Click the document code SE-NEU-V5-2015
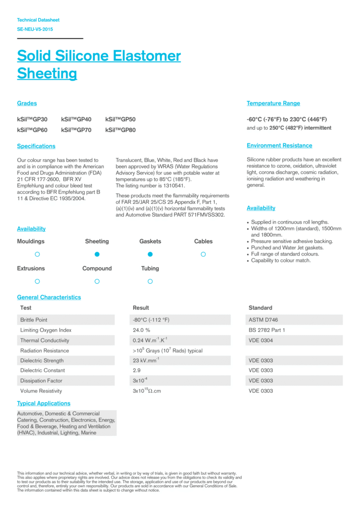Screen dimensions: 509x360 [x=35, y=29]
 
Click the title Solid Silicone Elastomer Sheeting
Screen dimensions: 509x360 [x=98, y=64]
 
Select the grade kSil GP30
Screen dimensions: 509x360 [x=32, y=119]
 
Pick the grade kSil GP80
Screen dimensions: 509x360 [x=120, y=130]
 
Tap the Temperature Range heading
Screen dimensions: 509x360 [x=273, y=103]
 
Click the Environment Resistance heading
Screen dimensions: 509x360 [x=279, y=146]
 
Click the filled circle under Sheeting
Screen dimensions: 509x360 [x=97, y=254]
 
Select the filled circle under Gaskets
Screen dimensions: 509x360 [x=150, y=254]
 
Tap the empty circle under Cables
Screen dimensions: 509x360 [x=203, y=254]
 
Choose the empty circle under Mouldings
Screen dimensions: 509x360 [x=37, y=254]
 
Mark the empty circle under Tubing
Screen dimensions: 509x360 [x=150, y=281]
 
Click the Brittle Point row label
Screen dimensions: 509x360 [x=34, y=320]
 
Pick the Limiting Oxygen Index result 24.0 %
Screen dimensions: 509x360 [x=142, y=330]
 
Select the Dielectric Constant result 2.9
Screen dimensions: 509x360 [x=137, y=370]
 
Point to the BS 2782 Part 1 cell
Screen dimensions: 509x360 [x=267, y=330]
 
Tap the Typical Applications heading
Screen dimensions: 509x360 [x=44, y=403]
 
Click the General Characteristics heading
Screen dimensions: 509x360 [x=49, y=297]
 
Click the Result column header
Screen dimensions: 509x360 [x=141, y=308]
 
